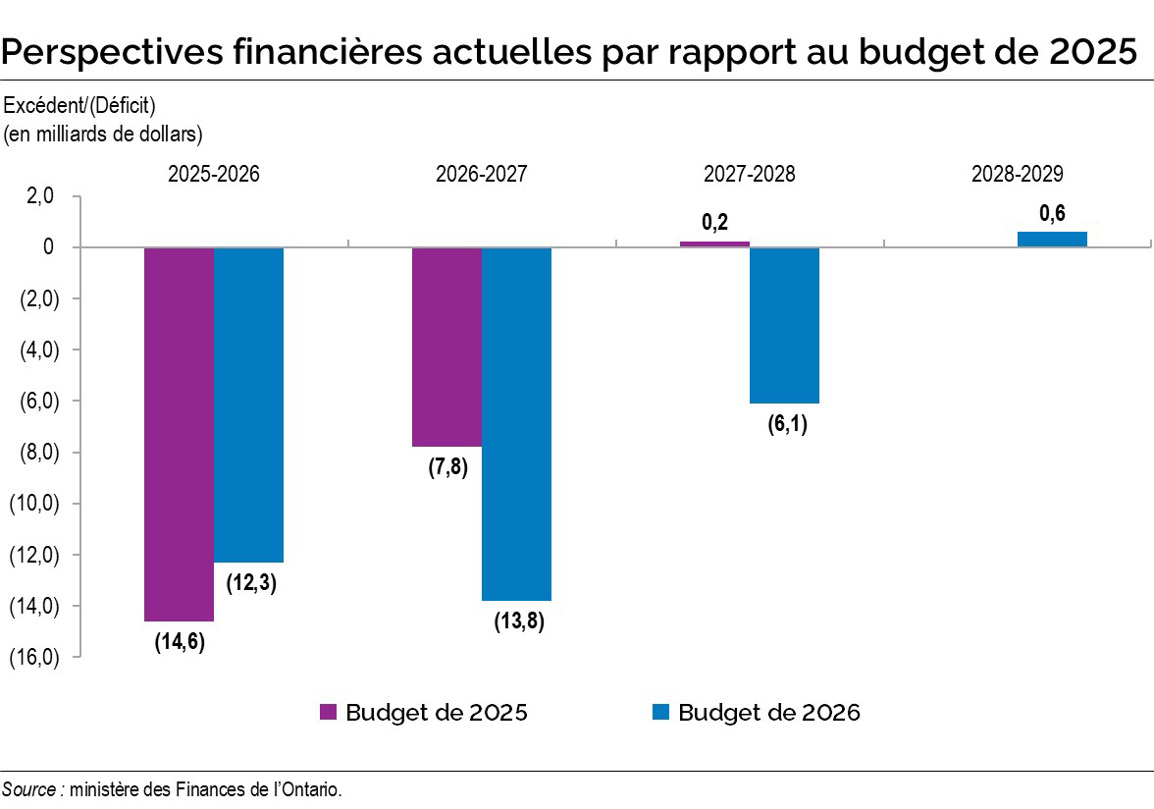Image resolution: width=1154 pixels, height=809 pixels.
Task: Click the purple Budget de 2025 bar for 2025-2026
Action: click(179, 433)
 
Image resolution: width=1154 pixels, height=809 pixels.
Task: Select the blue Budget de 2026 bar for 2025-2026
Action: click(248, 404)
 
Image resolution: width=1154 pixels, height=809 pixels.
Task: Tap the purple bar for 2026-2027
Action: click(446, 347)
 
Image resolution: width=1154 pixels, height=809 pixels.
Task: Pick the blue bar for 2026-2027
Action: click(516, 423)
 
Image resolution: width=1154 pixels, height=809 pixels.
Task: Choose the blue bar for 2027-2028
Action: click(784, 325)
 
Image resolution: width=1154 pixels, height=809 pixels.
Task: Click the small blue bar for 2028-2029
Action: click(1052, 239)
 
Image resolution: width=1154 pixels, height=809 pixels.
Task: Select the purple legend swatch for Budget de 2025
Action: click(330, 713)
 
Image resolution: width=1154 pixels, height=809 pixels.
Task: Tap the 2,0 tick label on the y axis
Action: click(41, 196)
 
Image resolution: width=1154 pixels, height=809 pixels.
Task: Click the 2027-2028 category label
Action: click(749, 174)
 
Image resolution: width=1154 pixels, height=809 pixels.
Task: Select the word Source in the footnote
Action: click(28, 789)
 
